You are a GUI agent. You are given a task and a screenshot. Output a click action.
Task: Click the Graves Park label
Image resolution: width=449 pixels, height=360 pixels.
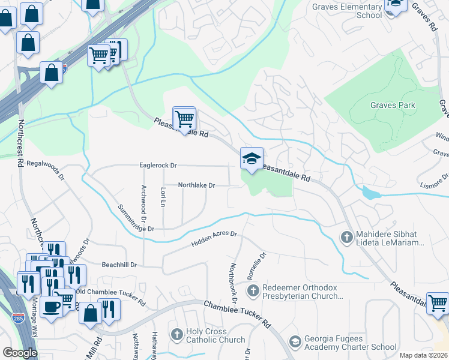click(x=393, y=105)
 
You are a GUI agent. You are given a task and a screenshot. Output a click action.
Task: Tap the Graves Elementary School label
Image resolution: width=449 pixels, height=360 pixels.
click(x=348, y=11)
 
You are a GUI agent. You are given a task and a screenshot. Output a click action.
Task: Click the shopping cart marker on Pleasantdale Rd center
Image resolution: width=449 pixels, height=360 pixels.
click(x=184, y=118)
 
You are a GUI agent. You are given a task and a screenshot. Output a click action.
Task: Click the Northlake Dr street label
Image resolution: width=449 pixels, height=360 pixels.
click(x=196, y=185)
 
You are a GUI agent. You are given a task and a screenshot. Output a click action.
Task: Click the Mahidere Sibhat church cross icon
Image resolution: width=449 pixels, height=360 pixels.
click(x=346, y=238)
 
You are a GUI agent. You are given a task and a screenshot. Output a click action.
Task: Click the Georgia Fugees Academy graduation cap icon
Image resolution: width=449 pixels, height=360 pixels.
click(x=295, y=341)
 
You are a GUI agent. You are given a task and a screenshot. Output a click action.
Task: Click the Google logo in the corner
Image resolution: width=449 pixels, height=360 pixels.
click(x=20, y=353)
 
